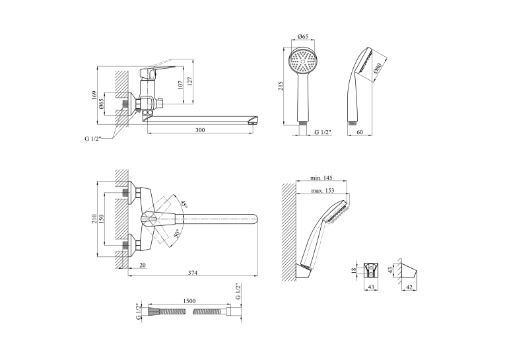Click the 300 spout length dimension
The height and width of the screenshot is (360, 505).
[200, 130]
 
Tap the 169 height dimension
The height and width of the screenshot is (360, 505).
[94, 95]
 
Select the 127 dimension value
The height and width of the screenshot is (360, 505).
[189, 81]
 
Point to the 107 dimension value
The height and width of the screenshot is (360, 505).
[180, 85]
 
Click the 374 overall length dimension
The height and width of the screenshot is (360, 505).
[193, 273]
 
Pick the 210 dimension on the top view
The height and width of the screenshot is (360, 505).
[94, 219]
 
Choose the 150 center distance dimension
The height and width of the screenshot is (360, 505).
[102, 219]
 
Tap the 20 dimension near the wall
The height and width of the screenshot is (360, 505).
[143, 265]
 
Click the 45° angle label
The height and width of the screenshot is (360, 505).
[184, 204]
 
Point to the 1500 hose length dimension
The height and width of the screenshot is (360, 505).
[189, 301]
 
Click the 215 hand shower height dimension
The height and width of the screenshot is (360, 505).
[281, 85]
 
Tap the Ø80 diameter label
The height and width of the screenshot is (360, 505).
[378, 69]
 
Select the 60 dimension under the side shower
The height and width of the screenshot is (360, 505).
[360, 132]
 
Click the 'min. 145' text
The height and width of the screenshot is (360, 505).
[321, 178]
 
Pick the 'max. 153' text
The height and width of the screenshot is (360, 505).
[322, 190]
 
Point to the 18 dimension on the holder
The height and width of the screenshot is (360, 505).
[354, 270]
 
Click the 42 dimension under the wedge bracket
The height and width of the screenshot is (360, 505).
[409, 287]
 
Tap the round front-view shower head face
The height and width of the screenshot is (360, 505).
[303, 61]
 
